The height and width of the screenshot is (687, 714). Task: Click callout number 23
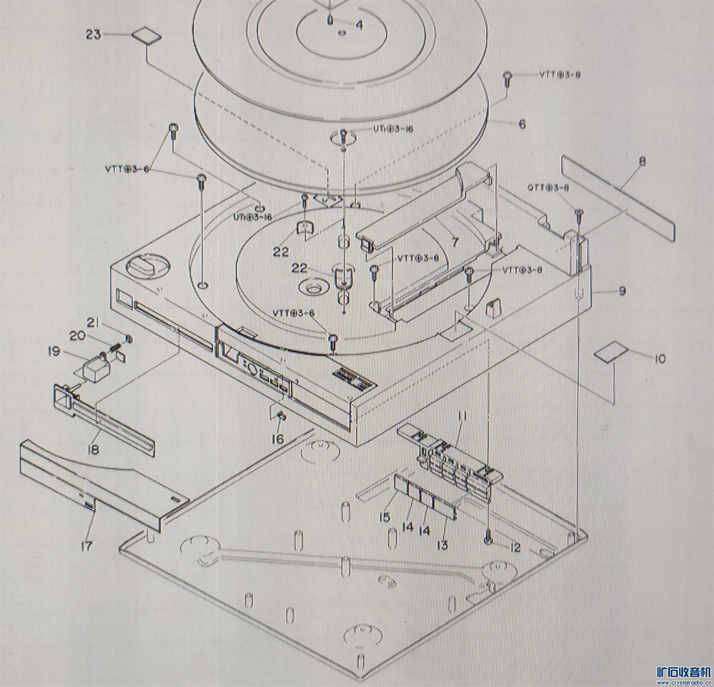click(x=93, y=35)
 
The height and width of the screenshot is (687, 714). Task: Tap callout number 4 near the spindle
click(x=359, y=25)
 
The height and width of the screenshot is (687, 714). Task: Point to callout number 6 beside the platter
click(x=522, y=124)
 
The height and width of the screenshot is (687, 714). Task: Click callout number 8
click(x=642, y=162)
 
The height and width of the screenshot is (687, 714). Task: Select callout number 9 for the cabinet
click(x=622, y=291)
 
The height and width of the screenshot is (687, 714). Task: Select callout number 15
click(x=384, y=517)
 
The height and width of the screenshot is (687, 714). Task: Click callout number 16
click(x=277, y=439)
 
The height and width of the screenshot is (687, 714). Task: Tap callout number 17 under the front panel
click(x=87, y=546)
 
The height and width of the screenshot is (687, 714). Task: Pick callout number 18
click(x=94, y=450)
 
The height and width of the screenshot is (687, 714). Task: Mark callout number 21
click(x=93, y=323)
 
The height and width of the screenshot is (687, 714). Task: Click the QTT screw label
click(x=548, y=188)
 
